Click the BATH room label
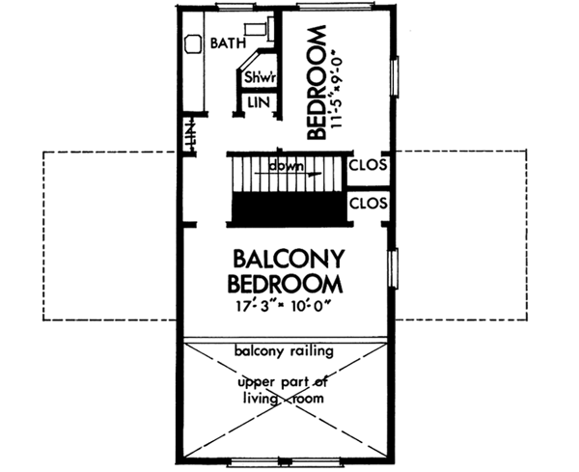[228, 43]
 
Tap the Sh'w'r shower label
[260, 77]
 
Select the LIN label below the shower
[259, 102]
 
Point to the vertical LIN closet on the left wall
[190, 134]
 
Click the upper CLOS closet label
[369, 165]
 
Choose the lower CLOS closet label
[369, 204]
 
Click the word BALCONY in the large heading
[289, 259]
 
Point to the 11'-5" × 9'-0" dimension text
[338, 93]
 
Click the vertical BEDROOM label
[317, 82]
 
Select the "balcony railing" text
[284, 350]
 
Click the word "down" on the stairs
[287, 166]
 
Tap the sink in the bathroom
[193, 44]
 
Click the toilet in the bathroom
[260, 28]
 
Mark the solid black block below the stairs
[288, 208]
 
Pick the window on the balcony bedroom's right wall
[395, 268]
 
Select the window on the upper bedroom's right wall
[395, 76]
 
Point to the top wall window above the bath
[234, 6]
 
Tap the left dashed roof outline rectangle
[43, 236]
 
